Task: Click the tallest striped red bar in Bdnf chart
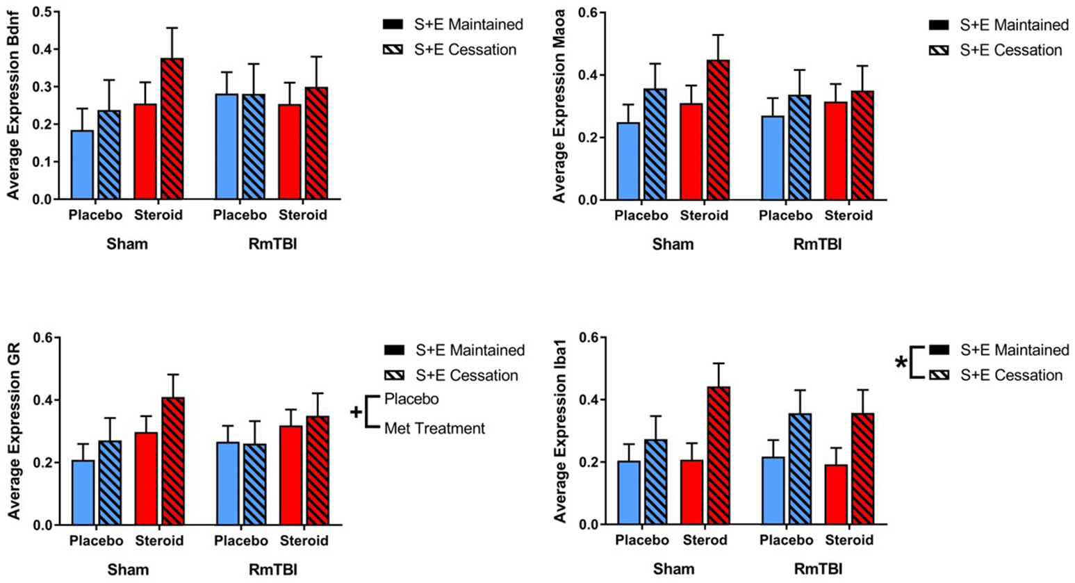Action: [172, 129]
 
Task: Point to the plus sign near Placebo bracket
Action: [356, 413]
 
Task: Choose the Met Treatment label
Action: [434, 429]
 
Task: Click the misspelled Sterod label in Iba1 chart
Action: [705, 541]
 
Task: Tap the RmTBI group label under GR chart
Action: [272, 570]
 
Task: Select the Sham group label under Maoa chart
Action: [673, 245]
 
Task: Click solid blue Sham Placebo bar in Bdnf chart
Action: [82, 165]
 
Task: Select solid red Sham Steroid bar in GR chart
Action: [147, 479]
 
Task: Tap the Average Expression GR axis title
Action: [14, 431]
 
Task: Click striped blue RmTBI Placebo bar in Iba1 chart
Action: [799, 469]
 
